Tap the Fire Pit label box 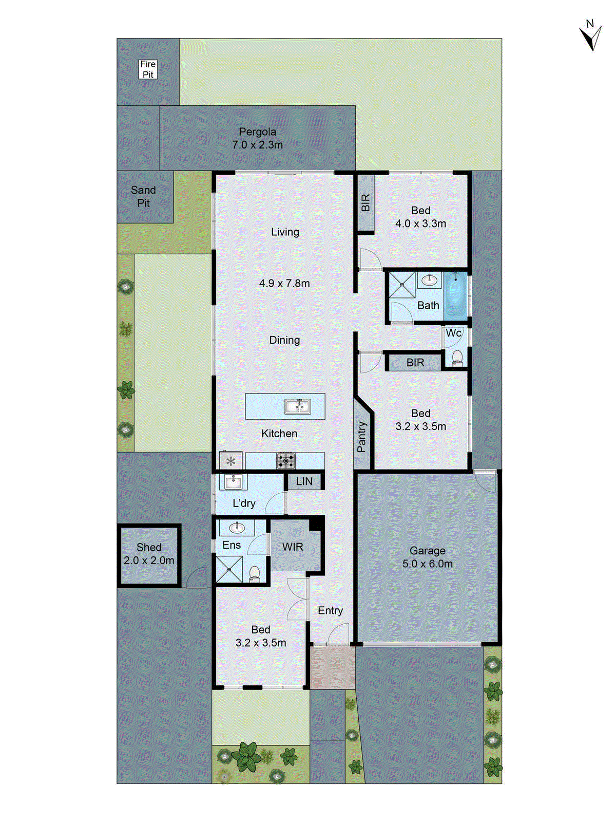(148, 69)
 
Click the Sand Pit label (143, 196)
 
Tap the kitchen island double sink (298, 407)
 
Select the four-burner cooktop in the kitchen (286, 460)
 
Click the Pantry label (361, 437)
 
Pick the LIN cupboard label (304, 481)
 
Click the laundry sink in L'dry (233, 481)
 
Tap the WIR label (293, 547)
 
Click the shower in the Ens (229, 569)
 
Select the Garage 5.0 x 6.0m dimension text (427, 564)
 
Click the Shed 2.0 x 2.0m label (149, 554)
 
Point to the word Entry (330, 610)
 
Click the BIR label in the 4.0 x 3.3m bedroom (365, 202)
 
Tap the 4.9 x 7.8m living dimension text (284, 283)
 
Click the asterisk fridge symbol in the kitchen (230, 461)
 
